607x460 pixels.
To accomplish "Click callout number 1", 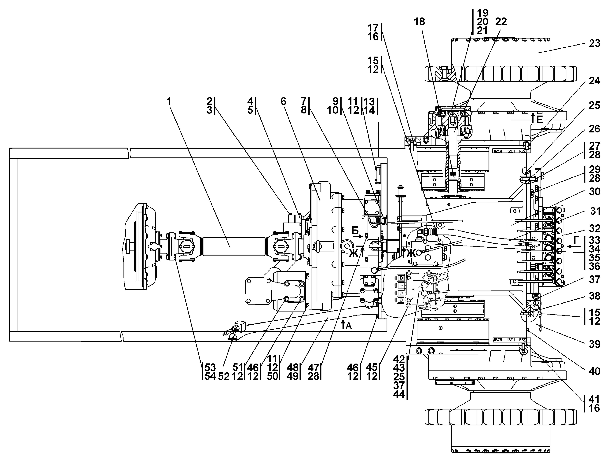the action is pos(169,102).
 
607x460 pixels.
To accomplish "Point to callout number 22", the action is pos(501,21).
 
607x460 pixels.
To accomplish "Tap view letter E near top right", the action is pos(540,120).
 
